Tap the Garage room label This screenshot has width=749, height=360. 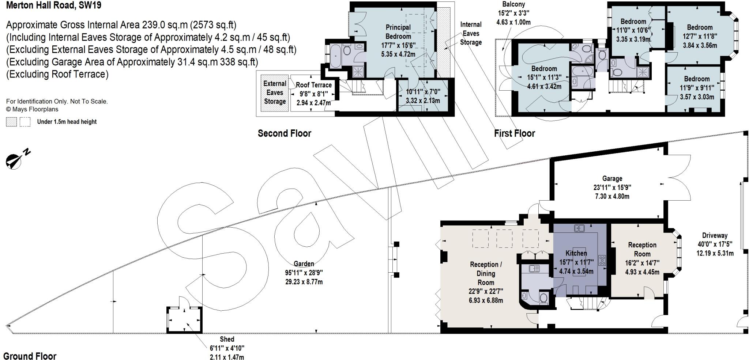[612, 178]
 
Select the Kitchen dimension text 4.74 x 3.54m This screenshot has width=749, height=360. [576, 271]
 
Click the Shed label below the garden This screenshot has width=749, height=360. [227, 339]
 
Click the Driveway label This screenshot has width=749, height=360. [715, 236]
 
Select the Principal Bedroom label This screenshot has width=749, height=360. [398, 32]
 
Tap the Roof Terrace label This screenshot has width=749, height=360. [313, 85]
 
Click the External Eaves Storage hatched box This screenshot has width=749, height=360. [275, 93]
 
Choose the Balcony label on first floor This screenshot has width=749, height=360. [513, 4]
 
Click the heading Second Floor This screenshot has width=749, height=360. [284, 133]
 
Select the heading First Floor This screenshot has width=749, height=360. [514, 133]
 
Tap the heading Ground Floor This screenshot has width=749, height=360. [30, 356]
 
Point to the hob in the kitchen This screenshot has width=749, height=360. [602, 260]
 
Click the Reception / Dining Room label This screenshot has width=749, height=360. [486, 273]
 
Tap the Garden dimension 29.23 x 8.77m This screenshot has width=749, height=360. [304, 282]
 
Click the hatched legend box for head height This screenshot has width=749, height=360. [11, 122]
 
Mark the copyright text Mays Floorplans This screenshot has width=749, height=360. [32, 109]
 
